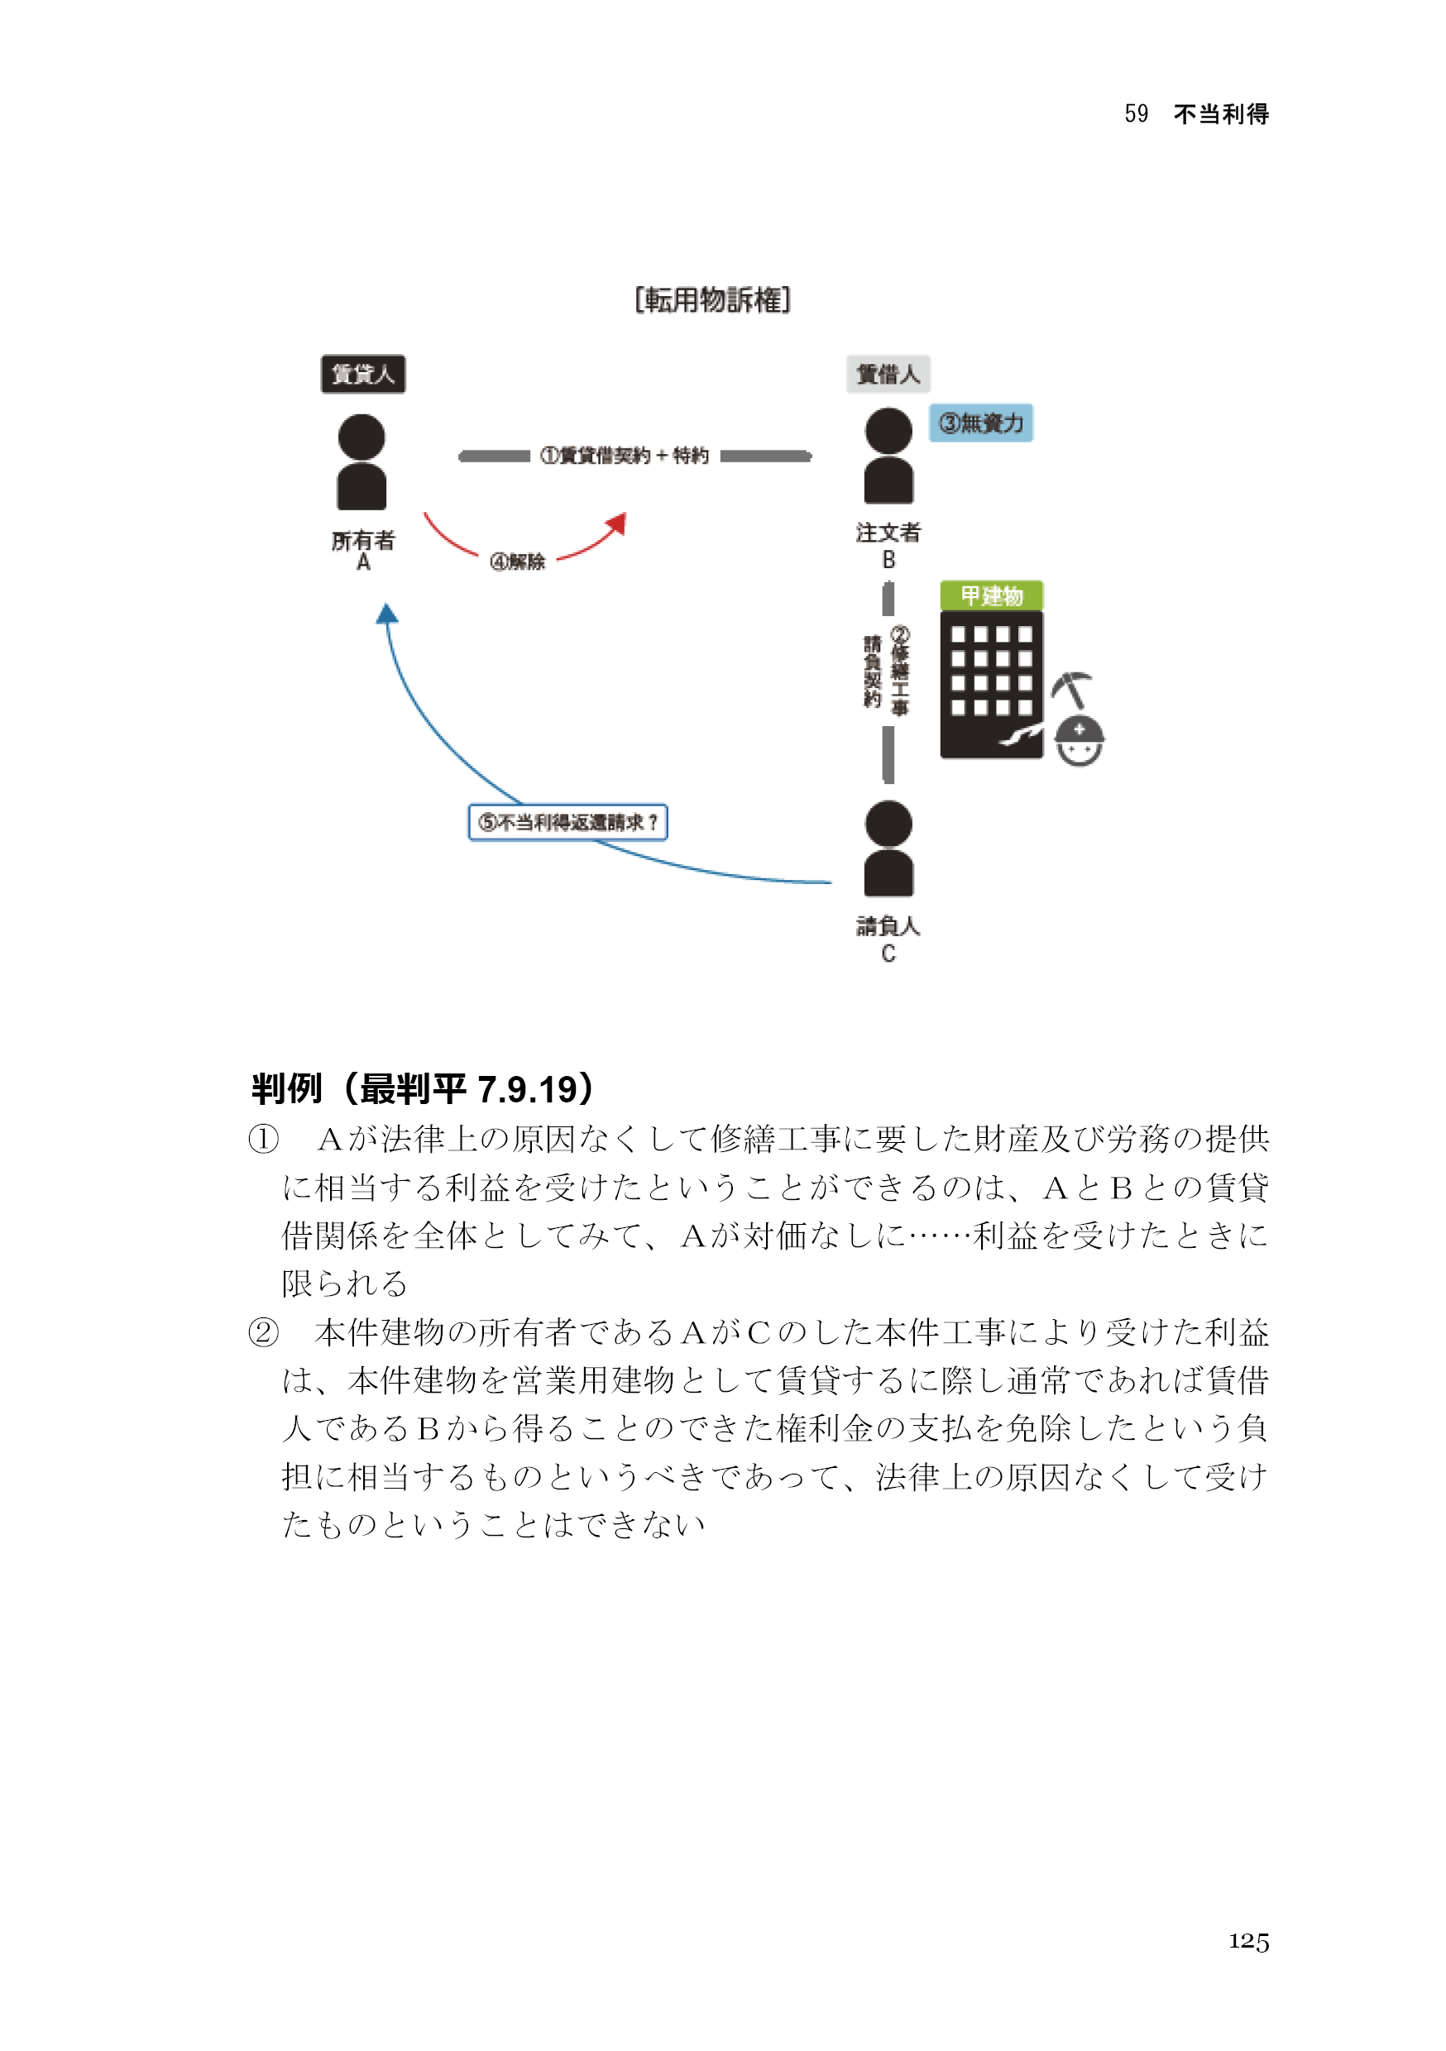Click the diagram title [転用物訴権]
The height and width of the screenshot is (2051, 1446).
point(712,300)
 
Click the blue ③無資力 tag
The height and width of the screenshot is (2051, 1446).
point(980,423)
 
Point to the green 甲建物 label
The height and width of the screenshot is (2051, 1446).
point(991,595)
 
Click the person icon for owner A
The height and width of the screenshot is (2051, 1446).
point(362,461)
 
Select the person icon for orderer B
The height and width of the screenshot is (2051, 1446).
point(888,457)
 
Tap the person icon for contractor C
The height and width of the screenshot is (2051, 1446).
point(888,849)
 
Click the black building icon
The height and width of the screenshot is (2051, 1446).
point(991,685)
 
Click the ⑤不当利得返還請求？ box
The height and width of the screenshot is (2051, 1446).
point(568,822)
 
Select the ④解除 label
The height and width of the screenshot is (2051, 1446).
point(518,562)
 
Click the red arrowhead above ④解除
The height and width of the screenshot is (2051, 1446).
point(618,524)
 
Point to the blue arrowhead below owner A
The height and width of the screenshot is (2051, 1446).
point(387,614)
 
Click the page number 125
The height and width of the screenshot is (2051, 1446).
point(1248,1940)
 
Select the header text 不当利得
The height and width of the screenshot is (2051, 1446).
point(1221,114)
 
